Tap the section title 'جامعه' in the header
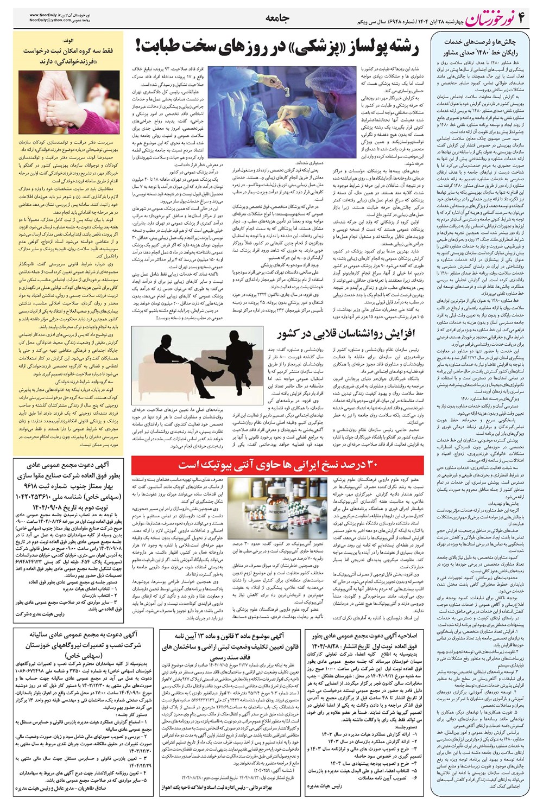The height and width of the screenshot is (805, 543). click(x=277, y=18)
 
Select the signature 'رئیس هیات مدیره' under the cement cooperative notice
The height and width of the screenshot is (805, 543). click(x=325, y=785)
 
